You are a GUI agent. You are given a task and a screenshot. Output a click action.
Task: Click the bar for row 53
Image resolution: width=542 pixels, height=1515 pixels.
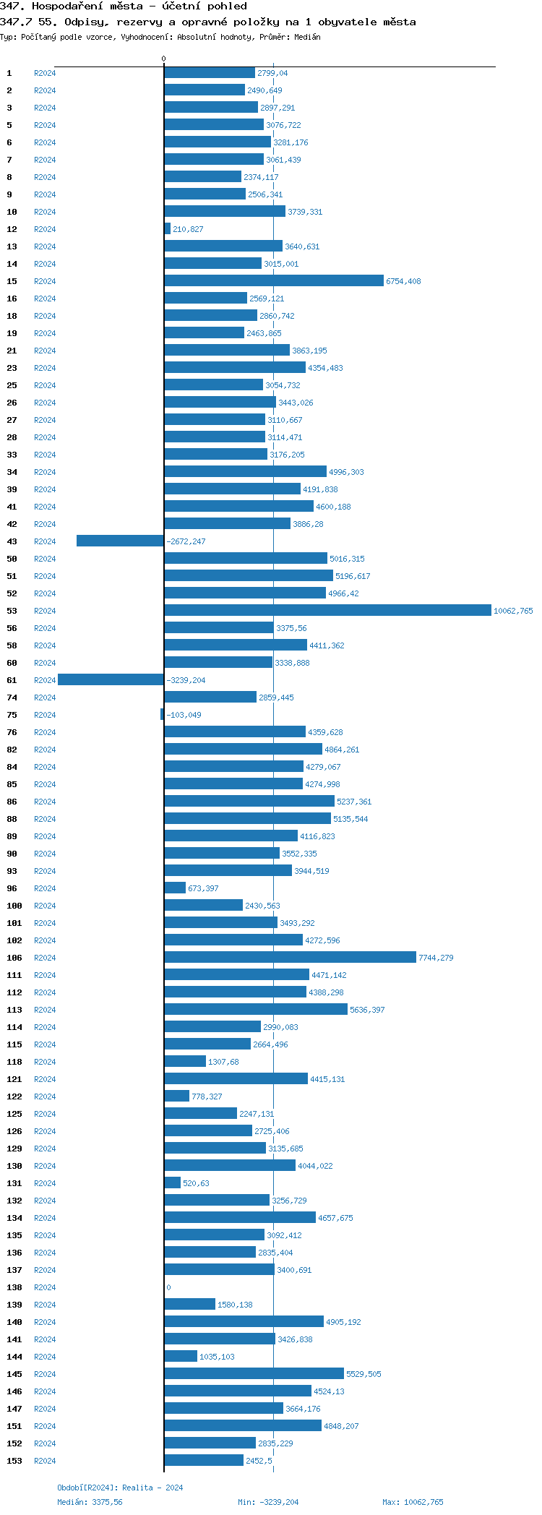click(x=327, y=611)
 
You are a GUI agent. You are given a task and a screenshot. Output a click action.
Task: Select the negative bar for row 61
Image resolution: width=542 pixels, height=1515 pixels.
click(x=111, y=680)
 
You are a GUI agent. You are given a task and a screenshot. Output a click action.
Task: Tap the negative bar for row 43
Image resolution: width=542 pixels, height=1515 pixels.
click(x=120, y=541)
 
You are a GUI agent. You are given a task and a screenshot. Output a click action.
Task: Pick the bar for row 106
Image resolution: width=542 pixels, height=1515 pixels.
click(x=290, y=958)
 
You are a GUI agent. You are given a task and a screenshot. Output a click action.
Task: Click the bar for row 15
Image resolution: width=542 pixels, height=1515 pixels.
click(x=274, y=281)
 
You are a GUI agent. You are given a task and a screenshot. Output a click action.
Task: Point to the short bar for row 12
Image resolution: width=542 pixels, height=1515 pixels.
click(x=168, y=229)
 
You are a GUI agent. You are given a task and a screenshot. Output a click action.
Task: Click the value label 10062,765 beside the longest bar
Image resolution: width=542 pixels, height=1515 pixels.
click(x=513, y=611)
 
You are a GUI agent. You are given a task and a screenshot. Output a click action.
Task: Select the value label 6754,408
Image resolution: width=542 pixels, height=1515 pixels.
click(x=403, y=282)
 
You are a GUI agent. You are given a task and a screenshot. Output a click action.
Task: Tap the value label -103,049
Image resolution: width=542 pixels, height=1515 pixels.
click(x=184, y=716)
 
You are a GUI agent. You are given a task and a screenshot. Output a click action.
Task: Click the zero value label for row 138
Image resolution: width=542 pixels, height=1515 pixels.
click(x=169, y=1288)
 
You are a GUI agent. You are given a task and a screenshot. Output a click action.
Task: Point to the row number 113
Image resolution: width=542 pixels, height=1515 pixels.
click(x=14, y=1010)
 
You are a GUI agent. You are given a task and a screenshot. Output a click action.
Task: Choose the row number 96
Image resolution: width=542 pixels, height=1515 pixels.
click(x=12, y=889)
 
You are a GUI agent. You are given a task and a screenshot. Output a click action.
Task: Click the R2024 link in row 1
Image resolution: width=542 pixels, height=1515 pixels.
click(x=45, y=74)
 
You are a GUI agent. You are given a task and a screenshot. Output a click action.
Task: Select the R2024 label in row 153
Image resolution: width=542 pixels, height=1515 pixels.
click(x=45, y=1462)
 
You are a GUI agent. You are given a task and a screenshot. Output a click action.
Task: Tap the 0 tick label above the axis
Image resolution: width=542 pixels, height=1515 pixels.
click(x=163, y=59)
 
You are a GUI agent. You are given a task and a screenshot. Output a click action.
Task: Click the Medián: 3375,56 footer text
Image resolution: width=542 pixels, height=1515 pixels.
click(x=90, y=1502)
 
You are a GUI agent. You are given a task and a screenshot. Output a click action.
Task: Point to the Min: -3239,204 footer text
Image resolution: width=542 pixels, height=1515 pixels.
click(x=268, y=1502)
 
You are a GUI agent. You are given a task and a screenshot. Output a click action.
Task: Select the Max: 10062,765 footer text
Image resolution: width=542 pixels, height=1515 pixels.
click(x=413, y=1502)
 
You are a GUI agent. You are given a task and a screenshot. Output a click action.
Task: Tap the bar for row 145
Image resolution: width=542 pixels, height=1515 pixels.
click(x=254, y=1374)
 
